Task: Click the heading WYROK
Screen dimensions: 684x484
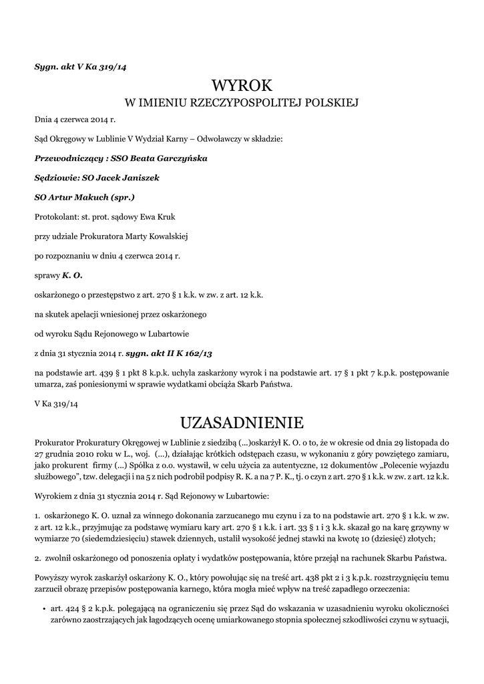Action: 242,85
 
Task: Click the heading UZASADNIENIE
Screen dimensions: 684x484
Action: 242,422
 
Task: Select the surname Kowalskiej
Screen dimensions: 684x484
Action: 165,236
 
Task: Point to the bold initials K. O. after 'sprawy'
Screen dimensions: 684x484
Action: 72,275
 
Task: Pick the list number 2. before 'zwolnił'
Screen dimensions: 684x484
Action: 37,558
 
